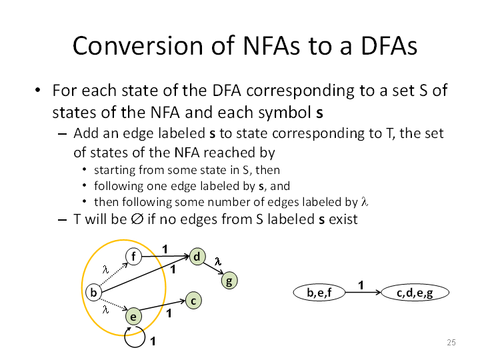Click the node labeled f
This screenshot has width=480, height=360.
click(x=133, y=257)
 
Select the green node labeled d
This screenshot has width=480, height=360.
click(x=197, y=257)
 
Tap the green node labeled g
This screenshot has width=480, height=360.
click(x=229, y=281)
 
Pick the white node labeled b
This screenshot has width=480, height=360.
click(x=94, y=293)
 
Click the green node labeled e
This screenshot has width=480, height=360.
click(x=133, y=316)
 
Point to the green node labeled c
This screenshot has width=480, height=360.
click(x=193, y=301)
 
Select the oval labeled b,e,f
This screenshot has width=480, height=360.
click(x=319, y=293)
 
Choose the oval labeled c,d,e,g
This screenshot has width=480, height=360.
click(x=415, y=293)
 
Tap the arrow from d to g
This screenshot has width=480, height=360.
click(x=213, y=268)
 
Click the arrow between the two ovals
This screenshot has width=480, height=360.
click(x=363, y=293)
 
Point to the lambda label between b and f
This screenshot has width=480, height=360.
click(x=105, y=269)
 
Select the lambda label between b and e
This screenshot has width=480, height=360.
click(x=105, y=310)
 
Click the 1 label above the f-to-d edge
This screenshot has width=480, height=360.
click(x=165, y=249)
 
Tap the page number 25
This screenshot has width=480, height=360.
click(x=451, y=342)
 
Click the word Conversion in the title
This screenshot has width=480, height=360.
click(x=139, y=46)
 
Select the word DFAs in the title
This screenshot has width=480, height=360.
click(x=389, y=46)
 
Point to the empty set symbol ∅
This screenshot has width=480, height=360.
click(x=137, y=219)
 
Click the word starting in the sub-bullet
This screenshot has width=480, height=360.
click(x=114, y=170)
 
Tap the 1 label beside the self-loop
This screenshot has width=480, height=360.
click(x=153, y=341)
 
